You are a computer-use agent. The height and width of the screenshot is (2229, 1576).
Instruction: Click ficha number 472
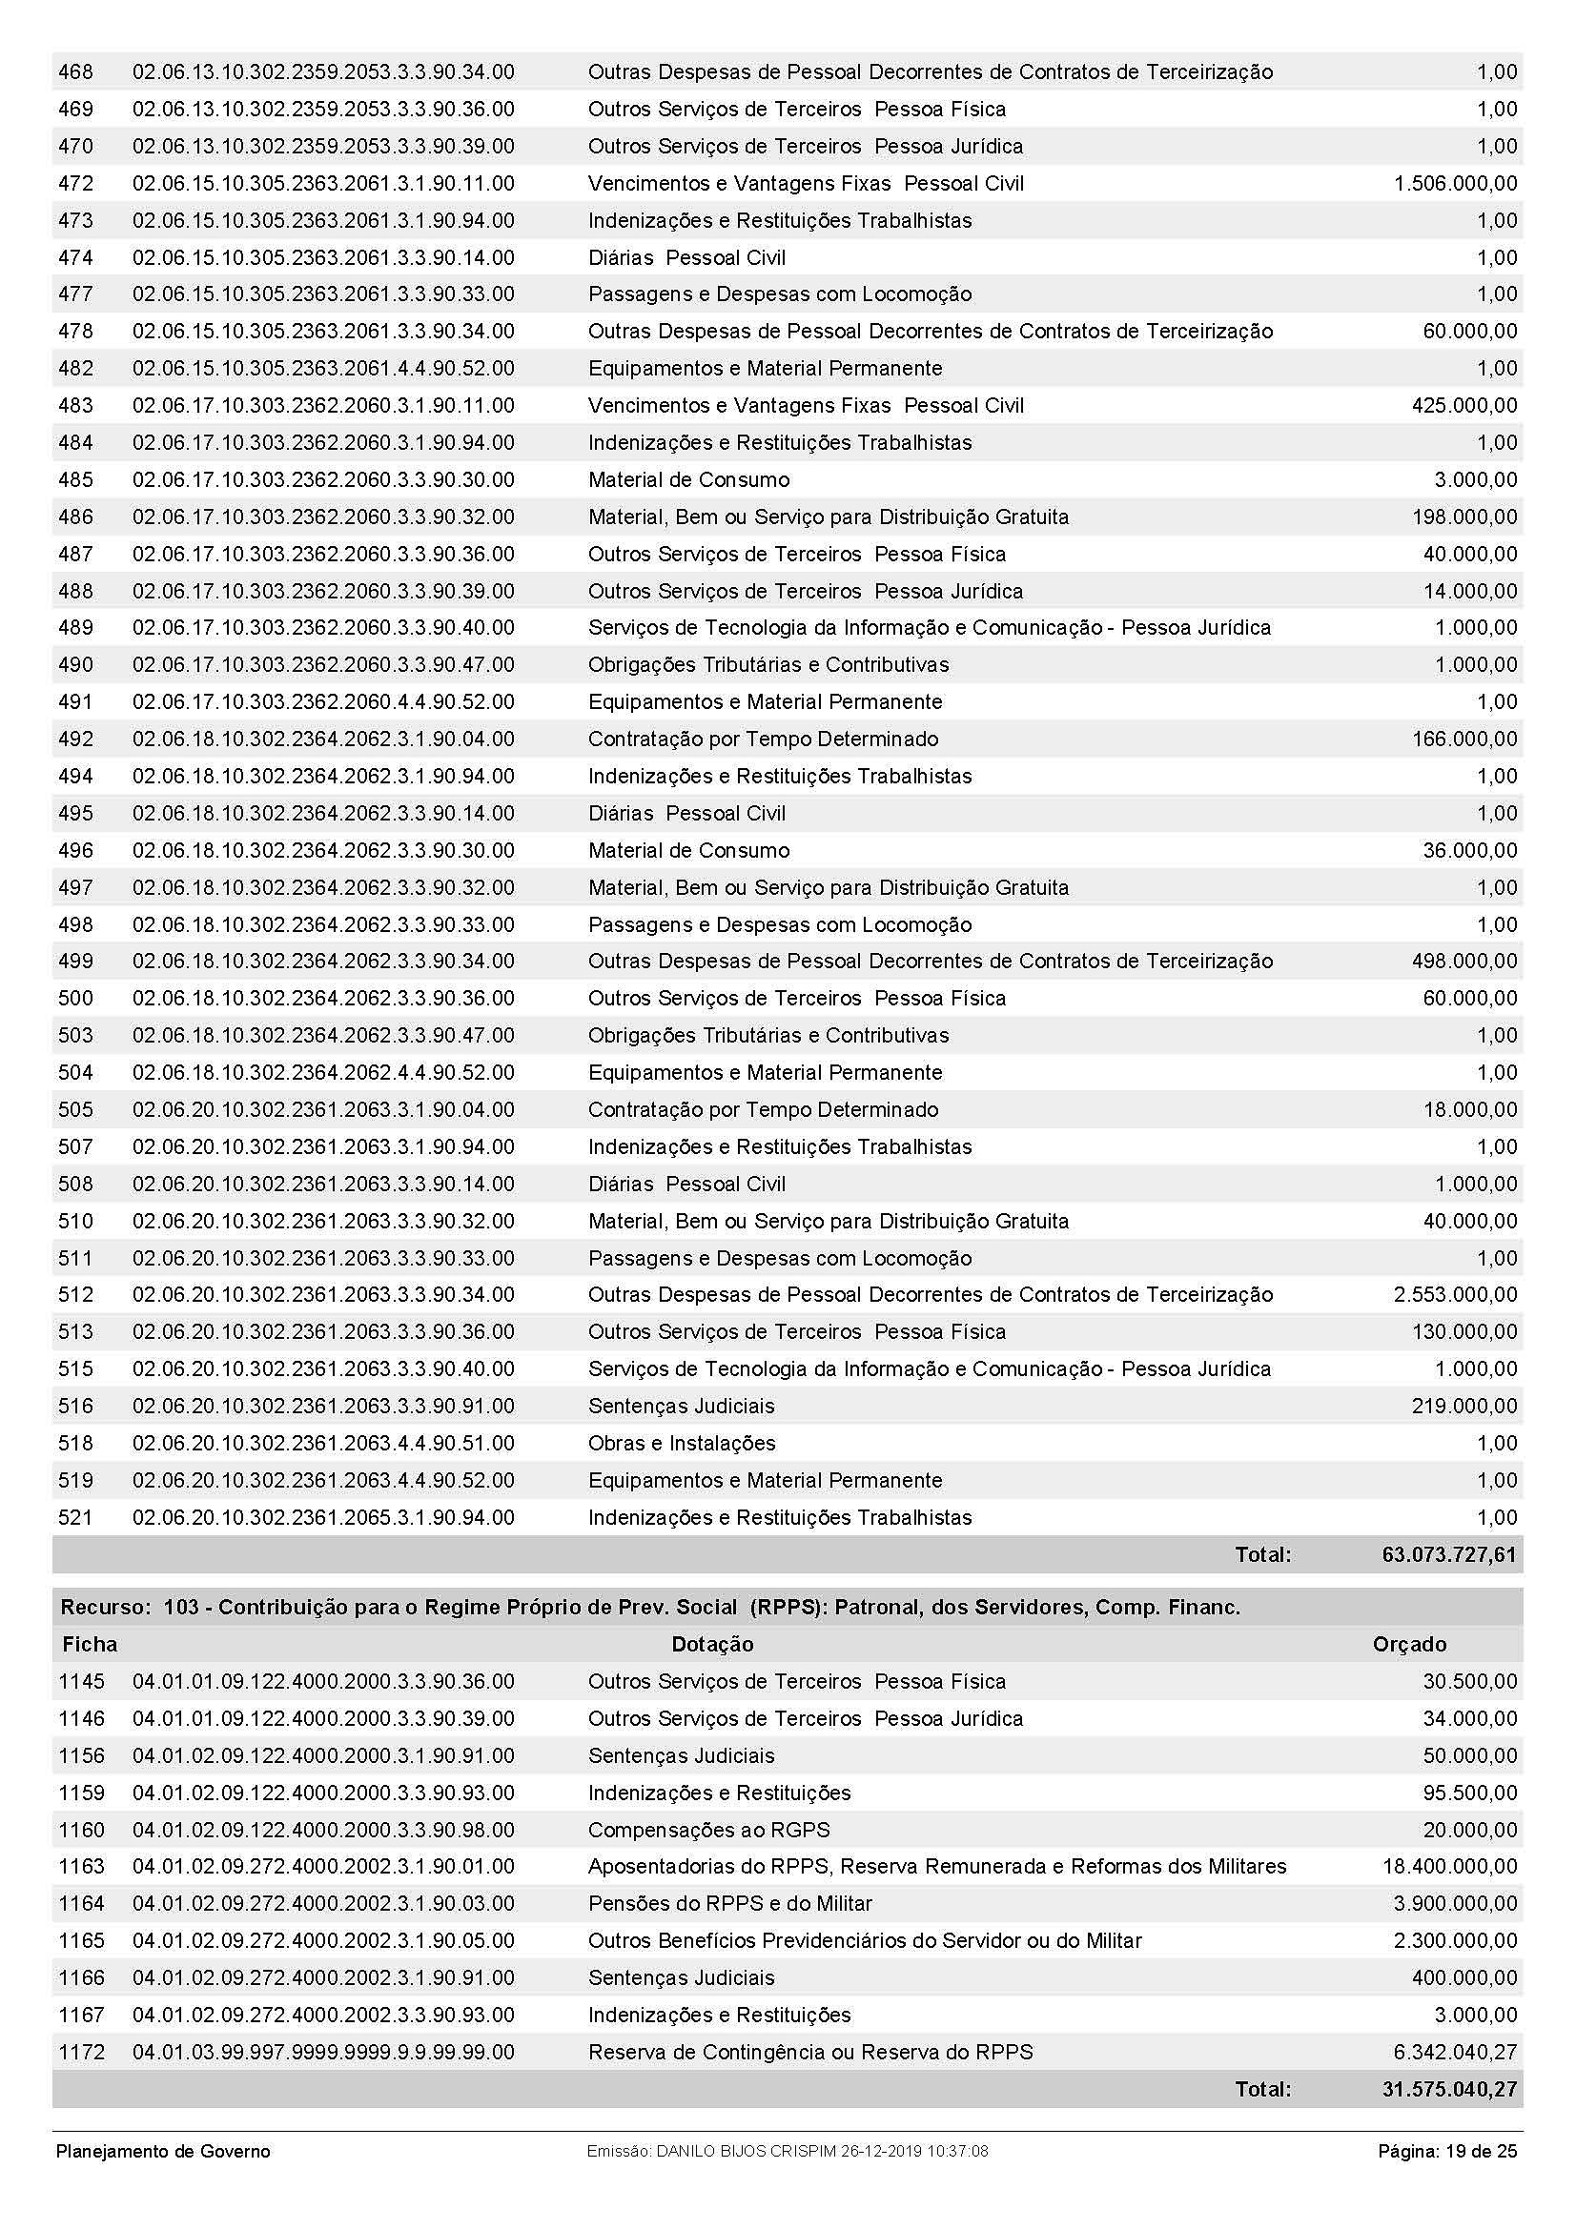[75, 184]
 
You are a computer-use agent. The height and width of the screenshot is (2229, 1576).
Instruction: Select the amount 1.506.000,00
[1455, 184]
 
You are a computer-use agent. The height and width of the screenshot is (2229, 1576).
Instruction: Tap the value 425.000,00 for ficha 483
[1463, 406]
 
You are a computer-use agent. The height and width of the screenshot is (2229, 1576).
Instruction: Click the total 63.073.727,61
[1448, 1554]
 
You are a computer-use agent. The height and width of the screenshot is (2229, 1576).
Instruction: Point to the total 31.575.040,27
[1449, 2089]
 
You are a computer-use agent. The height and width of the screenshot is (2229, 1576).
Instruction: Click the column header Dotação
[712, 1644]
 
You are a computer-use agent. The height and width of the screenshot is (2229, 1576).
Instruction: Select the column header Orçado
[1409, 1644]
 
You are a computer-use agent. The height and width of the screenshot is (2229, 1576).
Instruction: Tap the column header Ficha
[90, 1644]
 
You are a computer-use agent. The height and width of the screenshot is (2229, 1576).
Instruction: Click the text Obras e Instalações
[682, 1443]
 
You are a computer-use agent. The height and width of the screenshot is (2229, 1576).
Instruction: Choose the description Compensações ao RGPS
[708, 1830]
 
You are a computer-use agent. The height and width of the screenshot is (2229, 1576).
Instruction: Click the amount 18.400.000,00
[1449, 1866]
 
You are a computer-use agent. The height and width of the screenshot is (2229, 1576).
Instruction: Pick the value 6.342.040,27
[1454, 2052]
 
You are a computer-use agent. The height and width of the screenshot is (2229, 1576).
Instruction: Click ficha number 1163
[82, 1866]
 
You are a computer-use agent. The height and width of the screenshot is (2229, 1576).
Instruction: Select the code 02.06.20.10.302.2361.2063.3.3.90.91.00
[323, 1406]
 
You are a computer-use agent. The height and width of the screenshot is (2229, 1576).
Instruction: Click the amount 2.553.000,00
[1455, 1294]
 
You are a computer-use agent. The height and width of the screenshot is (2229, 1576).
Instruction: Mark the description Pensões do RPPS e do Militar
[730, 1903]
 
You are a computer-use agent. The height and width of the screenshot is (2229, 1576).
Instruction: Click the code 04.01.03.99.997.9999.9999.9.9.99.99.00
[323, 2052]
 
